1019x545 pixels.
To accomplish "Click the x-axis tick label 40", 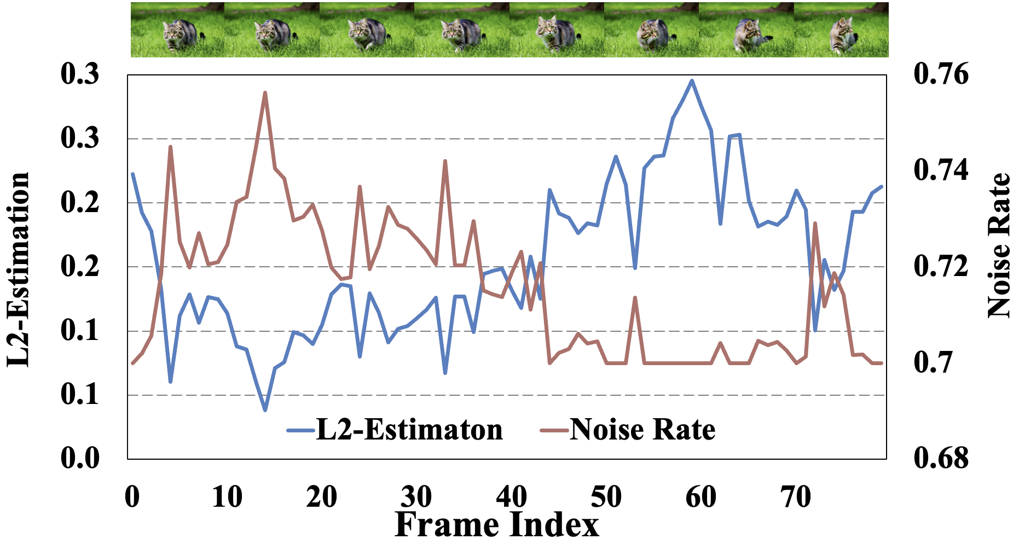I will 511,497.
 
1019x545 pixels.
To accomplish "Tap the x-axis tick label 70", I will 796,497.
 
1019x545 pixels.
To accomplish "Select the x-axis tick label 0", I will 132,497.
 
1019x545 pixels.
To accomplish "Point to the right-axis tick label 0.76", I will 941,74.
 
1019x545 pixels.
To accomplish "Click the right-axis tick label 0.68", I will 941,458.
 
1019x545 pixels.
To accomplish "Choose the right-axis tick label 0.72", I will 941,266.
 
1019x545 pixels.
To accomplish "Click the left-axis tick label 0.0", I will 80,458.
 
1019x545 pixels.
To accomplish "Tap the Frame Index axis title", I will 496,525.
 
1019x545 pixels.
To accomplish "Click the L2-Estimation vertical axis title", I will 19,269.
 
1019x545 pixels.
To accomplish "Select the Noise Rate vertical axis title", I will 999,246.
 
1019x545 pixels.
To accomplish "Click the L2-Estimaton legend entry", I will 395,430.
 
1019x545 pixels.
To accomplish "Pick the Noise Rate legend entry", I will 628,430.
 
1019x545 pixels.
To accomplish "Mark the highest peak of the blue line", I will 692,81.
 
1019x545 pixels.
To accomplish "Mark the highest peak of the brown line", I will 265,92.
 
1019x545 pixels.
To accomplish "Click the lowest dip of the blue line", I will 265,410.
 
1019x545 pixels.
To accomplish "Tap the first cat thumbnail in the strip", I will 178,30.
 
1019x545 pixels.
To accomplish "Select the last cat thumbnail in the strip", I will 841,30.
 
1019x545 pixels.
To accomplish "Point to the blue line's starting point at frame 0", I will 132,174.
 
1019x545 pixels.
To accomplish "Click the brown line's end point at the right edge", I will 882,363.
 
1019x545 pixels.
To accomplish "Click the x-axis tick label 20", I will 322,497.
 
